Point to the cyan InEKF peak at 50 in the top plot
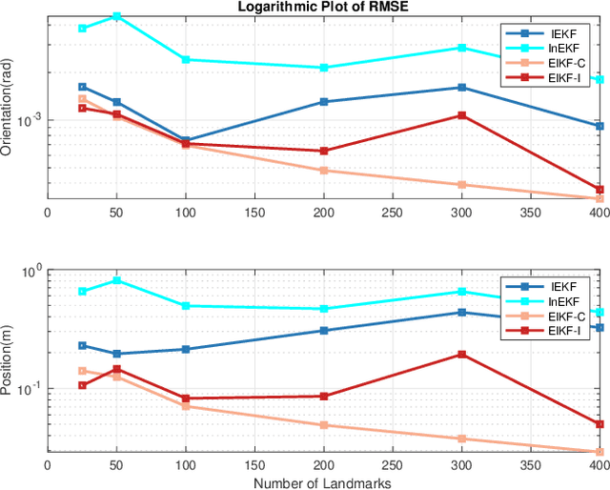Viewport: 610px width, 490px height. [116, 16]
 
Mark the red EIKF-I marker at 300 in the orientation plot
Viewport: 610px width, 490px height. [462, 115]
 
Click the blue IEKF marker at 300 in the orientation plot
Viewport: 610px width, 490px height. [462, 88]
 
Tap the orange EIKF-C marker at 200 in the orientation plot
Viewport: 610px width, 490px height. [324, 171]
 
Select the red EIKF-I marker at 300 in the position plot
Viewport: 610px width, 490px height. [462, 355]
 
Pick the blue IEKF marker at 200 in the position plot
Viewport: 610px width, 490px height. [324, 331]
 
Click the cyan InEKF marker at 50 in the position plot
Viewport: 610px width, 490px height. [116, 280]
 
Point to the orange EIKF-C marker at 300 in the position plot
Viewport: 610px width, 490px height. [462, 439]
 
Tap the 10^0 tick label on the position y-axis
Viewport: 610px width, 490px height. [30, 271]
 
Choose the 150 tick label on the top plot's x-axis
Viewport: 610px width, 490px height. [254, 214]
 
